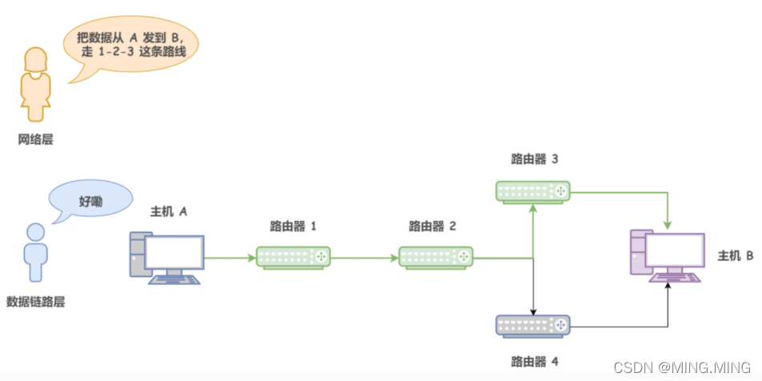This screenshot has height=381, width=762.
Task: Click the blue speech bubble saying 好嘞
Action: click(x=90, y=200)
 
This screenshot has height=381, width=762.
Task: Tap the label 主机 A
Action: click(x=169, y=211)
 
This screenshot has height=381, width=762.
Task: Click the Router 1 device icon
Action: click(x=293, y=257)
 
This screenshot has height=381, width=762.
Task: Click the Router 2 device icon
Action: click(x=436, y=257)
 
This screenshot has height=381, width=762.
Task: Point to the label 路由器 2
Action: click(x=432, y=226)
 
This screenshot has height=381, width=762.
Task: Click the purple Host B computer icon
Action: click(x=667, y=257)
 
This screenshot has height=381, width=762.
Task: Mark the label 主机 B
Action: click(x=736, y=256)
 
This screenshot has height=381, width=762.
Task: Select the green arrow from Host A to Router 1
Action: click(x=230, y=258)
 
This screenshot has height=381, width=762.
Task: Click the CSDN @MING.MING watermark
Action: click(x=682, y=367)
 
